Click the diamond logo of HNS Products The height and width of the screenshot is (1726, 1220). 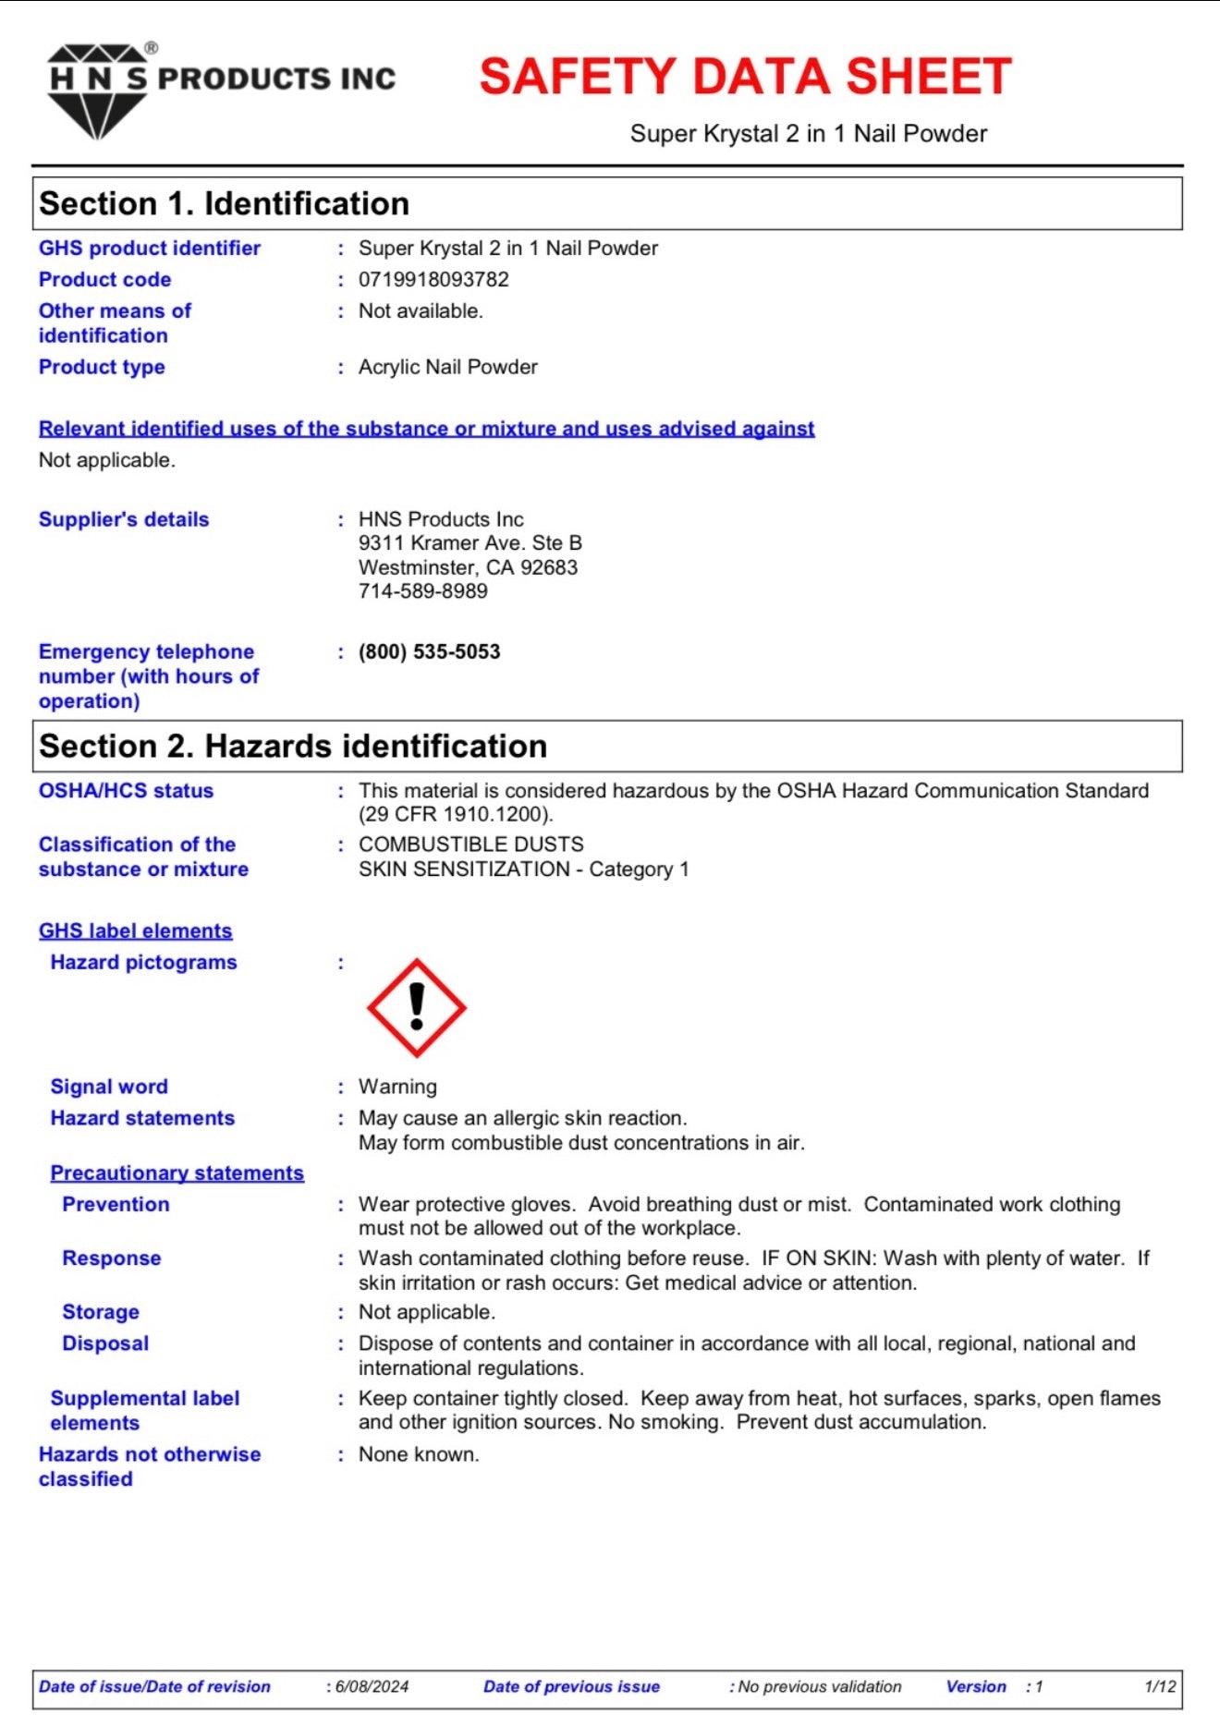click(97, 92)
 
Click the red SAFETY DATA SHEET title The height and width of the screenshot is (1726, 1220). click(745, 77)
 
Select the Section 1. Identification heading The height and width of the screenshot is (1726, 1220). click(224, 203)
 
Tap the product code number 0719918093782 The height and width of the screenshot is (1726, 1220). click(433, 279)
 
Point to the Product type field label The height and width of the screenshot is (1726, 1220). click(102, 367)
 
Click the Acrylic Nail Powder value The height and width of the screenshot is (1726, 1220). click(447, 367)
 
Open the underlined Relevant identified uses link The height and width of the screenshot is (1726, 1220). click(426, 429)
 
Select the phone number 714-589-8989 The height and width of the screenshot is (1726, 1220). click(423, 591)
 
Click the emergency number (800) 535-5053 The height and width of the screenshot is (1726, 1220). click(430, 651)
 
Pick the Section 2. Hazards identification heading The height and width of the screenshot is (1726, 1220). click(293, 746)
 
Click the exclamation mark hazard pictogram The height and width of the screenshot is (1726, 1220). click(417, 1007)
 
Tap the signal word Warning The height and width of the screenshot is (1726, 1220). click(397, 1087)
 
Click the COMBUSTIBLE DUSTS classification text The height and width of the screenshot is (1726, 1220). click(471, 845)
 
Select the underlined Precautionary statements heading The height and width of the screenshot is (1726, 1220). click(177, 1173)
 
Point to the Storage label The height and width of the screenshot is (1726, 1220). click(101, 1312)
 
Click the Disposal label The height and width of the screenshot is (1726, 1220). click(105, 1343)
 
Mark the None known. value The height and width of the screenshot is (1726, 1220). click(419, 1454)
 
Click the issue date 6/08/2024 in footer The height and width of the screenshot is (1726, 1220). click(372, 1686)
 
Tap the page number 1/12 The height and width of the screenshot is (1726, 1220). click(1160, 1686)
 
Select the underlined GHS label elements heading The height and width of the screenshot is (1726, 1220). click(135, 930)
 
